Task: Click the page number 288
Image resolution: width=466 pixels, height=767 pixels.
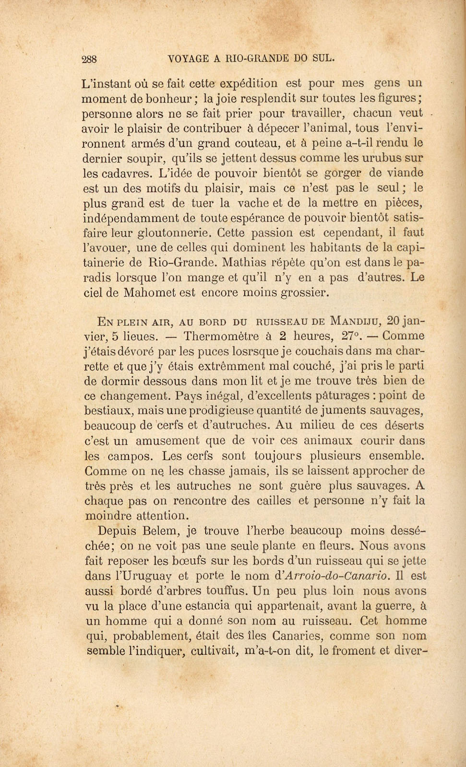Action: click(x=89, y=59)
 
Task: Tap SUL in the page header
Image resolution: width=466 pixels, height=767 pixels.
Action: click(x=323, y=58)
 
